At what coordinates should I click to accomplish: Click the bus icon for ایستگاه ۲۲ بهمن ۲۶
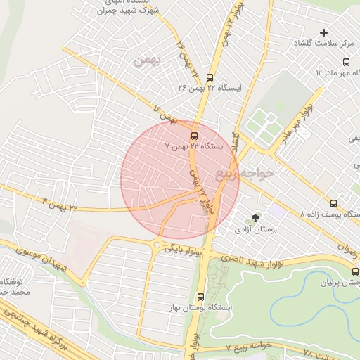tap(210, 77)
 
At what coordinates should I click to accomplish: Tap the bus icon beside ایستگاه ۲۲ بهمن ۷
tap(194, 136)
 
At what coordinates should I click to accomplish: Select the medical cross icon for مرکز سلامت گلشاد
tap(323, 32)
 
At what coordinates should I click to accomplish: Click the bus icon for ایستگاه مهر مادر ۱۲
tap(346, 61)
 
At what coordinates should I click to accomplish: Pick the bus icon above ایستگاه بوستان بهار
tap(201, 297)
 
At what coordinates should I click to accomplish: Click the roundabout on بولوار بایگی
tap(156, 244)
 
